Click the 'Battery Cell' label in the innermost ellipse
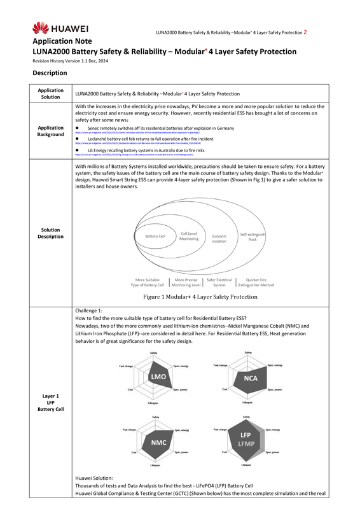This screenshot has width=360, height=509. point(155,237)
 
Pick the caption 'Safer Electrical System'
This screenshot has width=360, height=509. point(219,282)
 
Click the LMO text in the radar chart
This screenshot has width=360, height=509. point(158,377)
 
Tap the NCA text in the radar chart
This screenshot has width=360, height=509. point(250,378)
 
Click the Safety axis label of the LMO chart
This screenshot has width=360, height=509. point(154,352)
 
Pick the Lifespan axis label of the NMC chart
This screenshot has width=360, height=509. point(155,466)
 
